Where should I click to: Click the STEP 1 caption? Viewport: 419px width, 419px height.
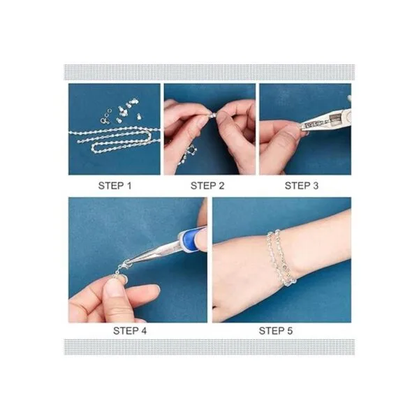point(115,186)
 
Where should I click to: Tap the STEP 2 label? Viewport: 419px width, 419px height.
point(207,186)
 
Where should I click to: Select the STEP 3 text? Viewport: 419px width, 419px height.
point(302,186)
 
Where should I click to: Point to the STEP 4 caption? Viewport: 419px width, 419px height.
point(130,331)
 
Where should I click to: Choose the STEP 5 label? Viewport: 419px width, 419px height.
point(276,331)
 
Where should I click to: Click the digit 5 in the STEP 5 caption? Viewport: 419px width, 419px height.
point(290,331)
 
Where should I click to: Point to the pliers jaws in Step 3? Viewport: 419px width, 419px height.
point(316,124)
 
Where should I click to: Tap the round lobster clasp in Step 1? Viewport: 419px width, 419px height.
point(104,120)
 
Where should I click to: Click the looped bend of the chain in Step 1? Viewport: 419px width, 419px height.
point(94,147)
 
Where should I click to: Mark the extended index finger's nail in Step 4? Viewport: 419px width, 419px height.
point(156,288)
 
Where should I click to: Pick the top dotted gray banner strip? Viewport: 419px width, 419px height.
point(209,72)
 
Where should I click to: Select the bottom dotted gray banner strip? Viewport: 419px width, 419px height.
point(209,347)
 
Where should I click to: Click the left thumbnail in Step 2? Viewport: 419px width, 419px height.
point(203,121)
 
